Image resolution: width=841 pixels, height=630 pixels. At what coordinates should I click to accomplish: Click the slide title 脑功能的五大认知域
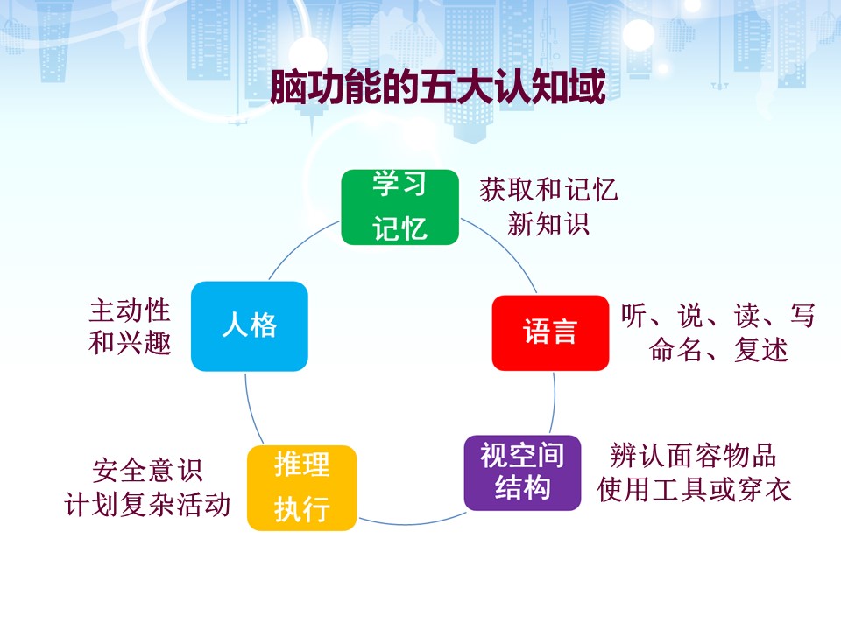(x=438, y=87)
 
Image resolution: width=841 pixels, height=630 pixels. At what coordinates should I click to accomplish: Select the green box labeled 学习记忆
(x=400, y=207)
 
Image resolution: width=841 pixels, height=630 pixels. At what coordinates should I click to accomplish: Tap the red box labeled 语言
(x=550, y=332)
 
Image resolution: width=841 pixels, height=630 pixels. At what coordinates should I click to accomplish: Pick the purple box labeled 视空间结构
(x=522, y=472)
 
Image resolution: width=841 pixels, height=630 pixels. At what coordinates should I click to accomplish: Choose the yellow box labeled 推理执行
(x=302, y=488)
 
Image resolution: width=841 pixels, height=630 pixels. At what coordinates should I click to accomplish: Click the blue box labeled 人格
(x=250, y=326)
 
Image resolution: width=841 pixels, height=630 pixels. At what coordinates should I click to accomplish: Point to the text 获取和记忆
(x=548, y=190)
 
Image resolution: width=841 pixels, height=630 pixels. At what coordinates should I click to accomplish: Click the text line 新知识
(x=548, y=223)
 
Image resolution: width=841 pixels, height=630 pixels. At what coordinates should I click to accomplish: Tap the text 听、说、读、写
(x=718, y=316)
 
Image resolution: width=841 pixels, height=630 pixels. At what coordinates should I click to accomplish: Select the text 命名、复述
(x=718, y=350)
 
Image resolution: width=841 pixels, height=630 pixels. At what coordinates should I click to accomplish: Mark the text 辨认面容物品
(x=693, y=455)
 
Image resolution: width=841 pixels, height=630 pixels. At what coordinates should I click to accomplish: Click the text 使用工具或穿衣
(x=694, y=490)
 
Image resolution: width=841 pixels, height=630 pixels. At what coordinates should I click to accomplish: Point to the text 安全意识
(x=147, y=471)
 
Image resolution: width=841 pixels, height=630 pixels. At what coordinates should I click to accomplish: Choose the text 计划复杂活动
(x=147, y=505)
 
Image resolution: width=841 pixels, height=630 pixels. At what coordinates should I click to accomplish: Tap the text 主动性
(x=130, y=311)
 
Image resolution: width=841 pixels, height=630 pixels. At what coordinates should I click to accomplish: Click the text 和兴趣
(x=130, y=343)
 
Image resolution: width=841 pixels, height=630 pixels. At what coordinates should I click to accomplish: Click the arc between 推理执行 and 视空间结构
(x=410, y=523)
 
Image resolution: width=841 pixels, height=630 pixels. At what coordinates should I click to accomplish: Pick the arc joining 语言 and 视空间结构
(x=554, y=402)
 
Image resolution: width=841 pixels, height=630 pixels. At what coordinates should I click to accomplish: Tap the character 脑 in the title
(x=288, y=87)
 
